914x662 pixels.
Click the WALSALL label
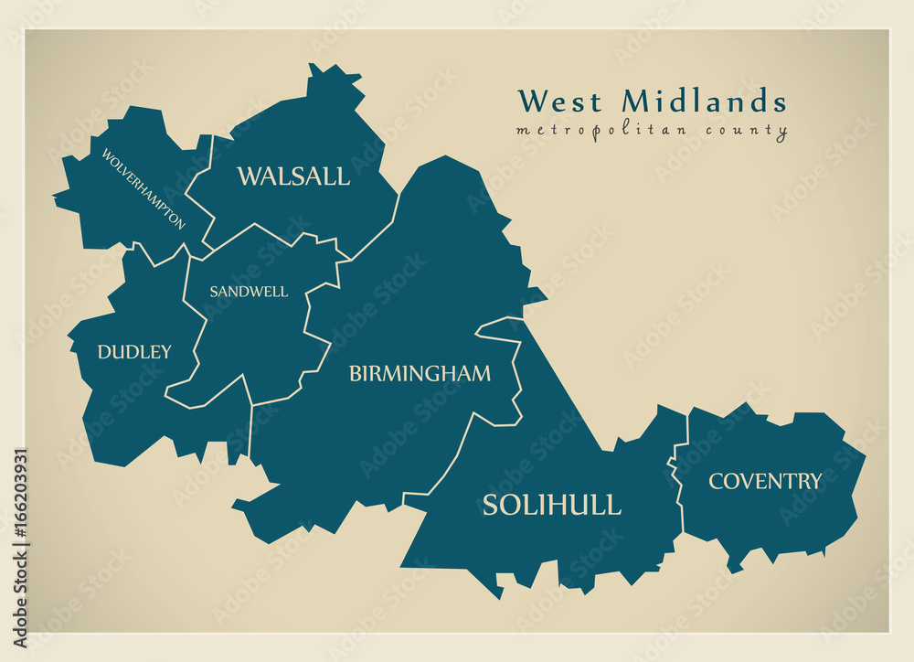pos(292,176)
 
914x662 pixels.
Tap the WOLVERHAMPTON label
pos(143,189)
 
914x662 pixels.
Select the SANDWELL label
pos(248,292)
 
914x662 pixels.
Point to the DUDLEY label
pos(134,352)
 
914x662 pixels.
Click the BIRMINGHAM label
pos(420,374)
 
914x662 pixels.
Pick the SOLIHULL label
pos(551,505)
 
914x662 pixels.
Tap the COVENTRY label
pos(765,481)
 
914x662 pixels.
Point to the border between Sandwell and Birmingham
pos(315,329)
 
